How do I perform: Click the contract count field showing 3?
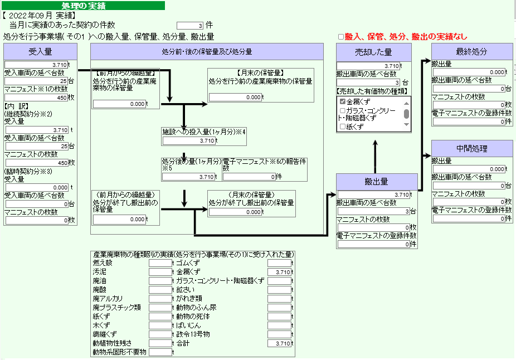click(190, 26)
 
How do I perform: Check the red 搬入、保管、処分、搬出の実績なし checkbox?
click(341, 37)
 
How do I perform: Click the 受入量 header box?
click(40, 52)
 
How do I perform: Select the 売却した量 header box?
click(373, 52)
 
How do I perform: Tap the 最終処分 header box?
click(471, 52)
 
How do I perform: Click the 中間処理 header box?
click(471, 148)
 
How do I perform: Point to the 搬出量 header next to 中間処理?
click(377, 182)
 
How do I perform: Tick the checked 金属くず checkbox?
click(343, 101)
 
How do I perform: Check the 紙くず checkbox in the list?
click(343, 127)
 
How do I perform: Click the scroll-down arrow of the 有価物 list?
click(406, 124)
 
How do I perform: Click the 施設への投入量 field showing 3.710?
click(189, 141)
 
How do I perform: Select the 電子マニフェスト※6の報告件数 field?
click(249, 177)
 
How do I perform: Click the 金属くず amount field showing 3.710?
click(279, 272)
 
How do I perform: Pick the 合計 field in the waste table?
click(279, 343)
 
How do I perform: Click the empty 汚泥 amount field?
click(160, 272)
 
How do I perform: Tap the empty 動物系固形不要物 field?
click(160, 352)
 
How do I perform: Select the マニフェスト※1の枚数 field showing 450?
click(36, 98)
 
